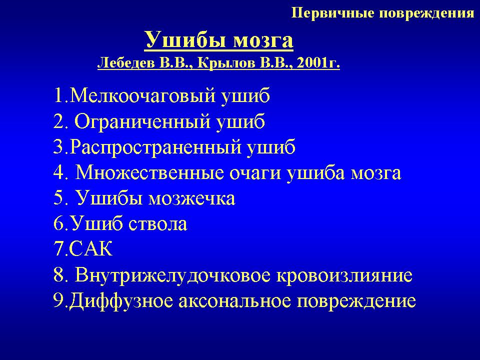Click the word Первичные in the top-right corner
pos(333,13)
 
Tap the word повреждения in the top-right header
pos(426,13)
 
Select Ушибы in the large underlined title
pos(186,40)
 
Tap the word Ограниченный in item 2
pos(142,121)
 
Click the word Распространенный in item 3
pos(156,147)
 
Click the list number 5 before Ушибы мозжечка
pos(59,198)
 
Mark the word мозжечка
pos(192,199)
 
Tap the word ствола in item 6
pos(157,224)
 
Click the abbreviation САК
pos(91,248)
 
